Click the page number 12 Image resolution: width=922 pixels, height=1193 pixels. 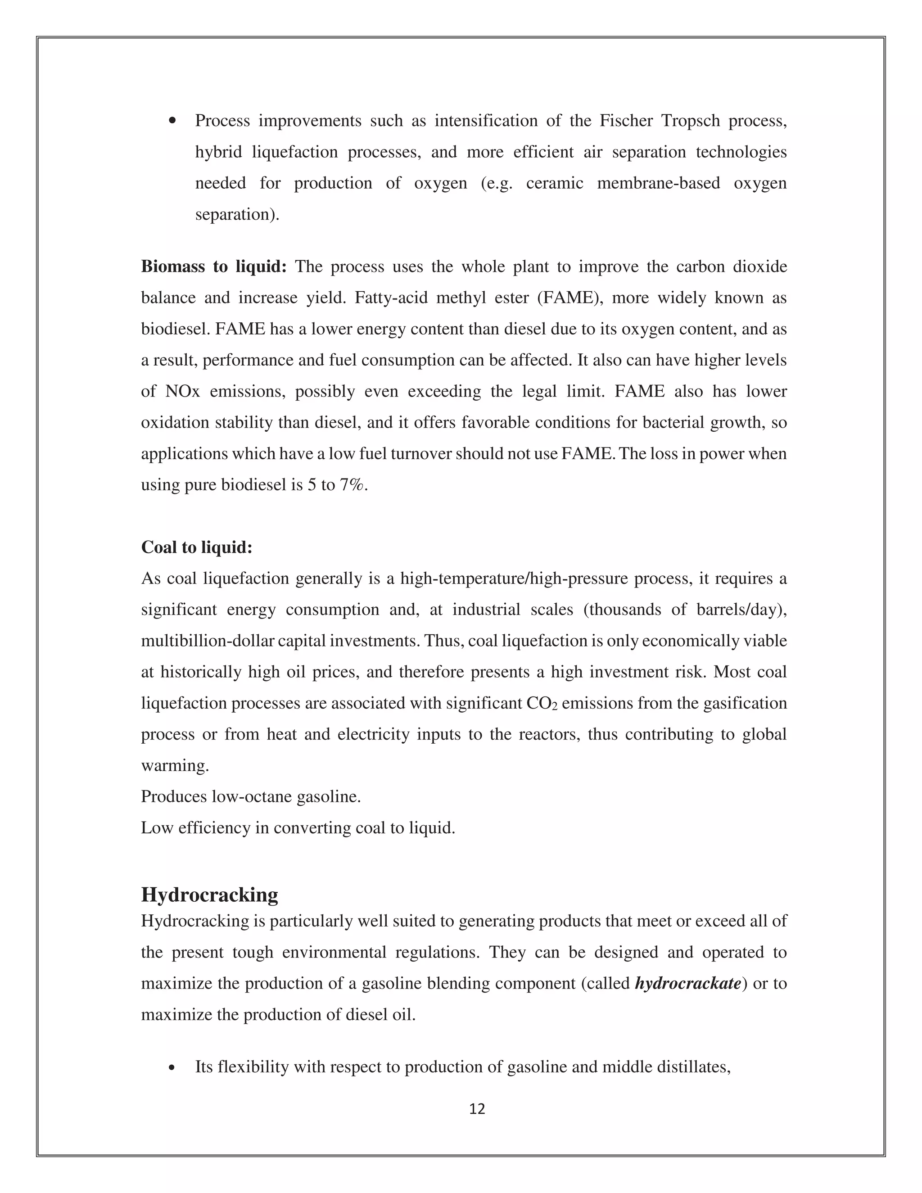click(477, 1109)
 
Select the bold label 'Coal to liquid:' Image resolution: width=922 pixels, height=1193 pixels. click(197, 547)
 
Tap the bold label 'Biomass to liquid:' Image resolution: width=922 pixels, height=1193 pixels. click(213, 267)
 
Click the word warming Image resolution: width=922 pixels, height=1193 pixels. click(175, 765)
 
